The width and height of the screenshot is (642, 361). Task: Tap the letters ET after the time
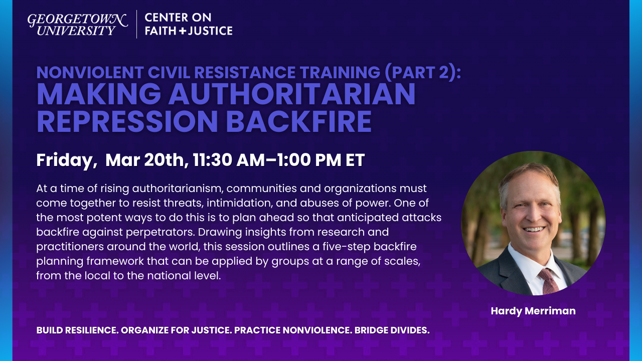(354, 160)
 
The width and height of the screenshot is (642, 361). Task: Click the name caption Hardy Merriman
(533, 311)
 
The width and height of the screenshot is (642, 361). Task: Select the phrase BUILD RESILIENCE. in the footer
(77, 330)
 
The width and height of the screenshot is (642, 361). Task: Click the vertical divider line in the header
(136, 24)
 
